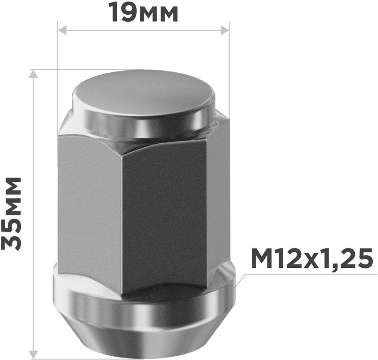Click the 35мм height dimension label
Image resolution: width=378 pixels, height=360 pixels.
[x=11, y=214]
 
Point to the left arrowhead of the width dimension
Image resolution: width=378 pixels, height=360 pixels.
[x=62, y=31]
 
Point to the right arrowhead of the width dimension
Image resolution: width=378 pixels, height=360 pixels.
[x=225, y=31]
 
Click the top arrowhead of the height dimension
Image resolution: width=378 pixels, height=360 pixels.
[x=33, y=74]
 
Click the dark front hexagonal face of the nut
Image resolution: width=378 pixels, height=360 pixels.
[x=164, y=217]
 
